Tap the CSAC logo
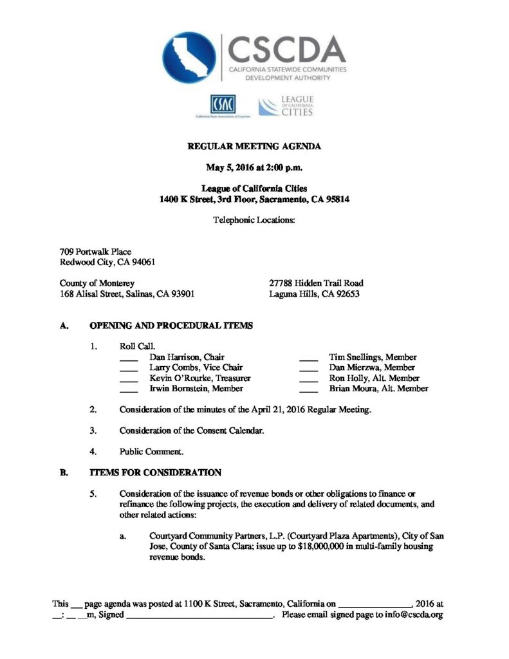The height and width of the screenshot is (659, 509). tap(223, 104)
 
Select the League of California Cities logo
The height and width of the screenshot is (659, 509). tap(286, 106)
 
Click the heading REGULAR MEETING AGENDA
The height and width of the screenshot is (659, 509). tap(254, 147)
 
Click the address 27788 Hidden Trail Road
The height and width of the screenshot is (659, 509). tap(317, 283)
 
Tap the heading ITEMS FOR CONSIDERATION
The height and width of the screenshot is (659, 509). tap(155, 472)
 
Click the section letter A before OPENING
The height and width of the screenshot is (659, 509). tap(63, 326)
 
